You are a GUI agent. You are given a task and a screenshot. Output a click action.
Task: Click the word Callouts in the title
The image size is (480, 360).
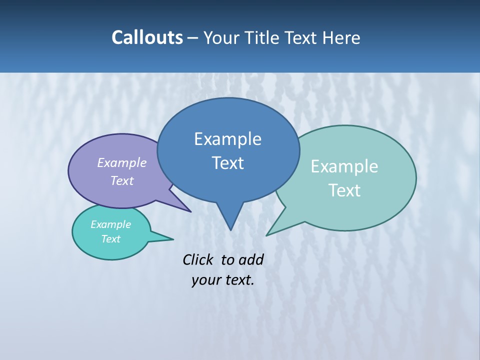[x=147, y=37]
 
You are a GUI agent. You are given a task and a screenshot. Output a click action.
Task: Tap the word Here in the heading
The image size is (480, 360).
[x=341, y=37]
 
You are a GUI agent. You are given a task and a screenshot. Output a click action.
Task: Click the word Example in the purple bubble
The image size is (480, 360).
[x=122, y=162]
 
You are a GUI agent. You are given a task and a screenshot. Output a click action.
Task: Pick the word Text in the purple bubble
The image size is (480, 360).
[x=122, y=180]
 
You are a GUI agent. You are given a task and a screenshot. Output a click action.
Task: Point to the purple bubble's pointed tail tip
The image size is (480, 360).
[x=190, y=211]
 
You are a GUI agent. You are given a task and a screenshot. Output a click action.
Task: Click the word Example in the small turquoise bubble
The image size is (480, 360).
[x=110, y=224]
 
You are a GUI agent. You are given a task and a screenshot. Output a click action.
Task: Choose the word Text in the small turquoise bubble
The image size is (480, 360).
[x=110, y=239]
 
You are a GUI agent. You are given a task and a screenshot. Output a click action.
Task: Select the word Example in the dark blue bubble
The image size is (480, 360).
[x=227, y=139]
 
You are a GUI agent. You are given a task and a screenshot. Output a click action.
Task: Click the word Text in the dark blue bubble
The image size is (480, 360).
[x=227, y=163]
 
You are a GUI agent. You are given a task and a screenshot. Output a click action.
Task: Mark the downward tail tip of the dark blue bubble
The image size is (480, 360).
[x=230, y=230]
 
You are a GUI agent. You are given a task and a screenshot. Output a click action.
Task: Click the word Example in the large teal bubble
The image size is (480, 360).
[x=344, y=166]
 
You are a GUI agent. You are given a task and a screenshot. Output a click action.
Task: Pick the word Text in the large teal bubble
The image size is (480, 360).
[x=344, y=190]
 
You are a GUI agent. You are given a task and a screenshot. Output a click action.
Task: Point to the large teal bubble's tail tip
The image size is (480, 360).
[x=266, y=235]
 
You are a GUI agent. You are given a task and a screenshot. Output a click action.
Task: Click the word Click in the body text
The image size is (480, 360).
[x=198, y=259]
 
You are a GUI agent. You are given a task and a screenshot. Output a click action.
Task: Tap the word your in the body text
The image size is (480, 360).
[x=205, y=280]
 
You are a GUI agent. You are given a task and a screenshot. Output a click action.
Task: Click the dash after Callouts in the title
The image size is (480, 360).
[x=193, y=38]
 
